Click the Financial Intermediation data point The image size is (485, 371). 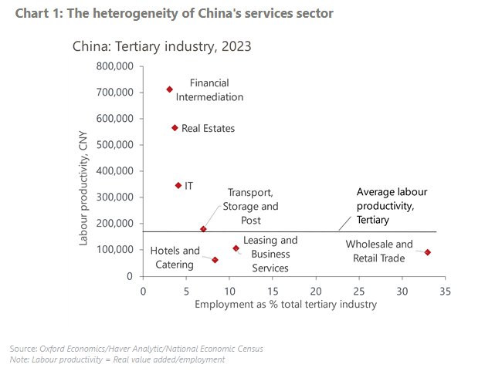coord(170,89)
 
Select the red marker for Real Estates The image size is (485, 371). coord(175,128)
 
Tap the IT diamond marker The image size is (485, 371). coord(178,185)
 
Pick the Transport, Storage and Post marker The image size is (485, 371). coord(203,229)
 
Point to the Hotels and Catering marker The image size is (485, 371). coord(215,260)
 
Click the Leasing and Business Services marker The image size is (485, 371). coord(236,248)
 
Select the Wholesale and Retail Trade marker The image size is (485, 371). coord(428,252)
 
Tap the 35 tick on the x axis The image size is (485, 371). coord(445,291)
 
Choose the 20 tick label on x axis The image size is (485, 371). coord(315,291)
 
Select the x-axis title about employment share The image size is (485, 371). coord(286,305)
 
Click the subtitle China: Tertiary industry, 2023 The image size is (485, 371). coord(161,46)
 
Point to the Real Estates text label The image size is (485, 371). coord(208,129)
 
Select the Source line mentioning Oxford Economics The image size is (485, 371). coord(137,349)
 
